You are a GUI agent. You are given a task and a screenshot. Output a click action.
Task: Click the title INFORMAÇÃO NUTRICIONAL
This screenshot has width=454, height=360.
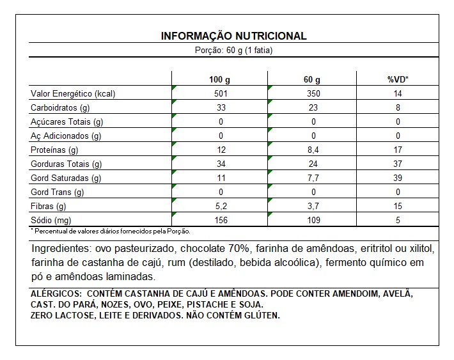click(233, 36)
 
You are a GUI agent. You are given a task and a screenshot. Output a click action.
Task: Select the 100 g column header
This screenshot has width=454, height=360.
click(219, 80)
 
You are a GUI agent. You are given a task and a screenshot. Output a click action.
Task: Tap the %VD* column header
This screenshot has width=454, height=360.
click(398, 80)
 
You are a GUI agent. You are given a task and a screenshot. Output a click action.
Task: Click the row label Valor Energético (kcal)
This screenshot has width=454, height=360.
click(73, 94)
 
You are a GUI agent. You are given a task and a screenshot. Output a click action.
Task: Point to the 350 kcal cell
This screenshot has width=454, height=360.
click(311, 94)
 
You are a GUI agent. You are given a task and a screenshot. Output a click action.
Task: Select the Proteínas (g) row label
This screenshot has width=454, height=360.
click(54, 150)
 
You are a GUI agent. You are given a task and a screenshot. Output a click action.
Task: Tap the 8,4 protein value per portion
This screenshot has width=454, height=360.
click(311, 150)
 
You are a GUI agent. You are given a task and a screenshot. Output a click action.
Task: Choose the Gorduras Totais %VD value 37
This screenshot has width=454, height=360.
click(398, 164)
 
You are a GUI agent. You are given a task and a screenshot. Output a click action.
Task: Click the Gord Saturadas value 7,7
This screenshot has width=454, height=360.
click(311, 178)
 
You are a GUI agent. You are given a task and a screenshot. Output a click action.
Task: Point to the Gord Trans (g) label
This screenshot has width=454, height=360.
click(58, 192)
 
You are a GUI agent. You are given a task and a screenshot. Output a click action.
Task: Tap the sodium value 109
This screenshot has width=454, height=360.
click(311, 221)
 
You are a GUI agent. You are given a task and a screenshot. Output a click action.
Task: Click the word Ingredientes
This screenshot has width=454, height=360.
click(58, 248)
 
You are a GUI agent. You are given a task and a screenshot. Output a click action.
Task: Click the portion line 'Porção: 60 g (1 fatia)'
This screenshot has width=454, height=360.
click(233, 51)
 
